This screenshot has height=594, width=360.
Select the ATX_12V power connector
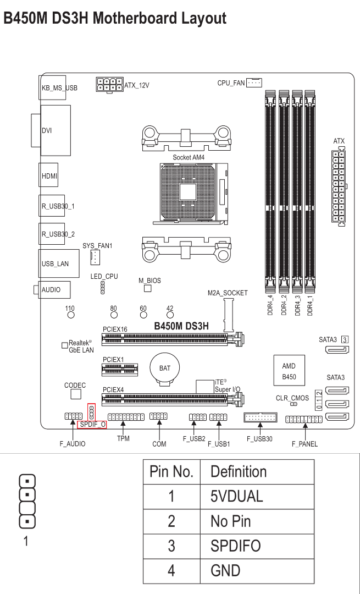(110, 85)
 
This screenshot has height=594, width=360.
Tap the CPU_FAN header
(254, 82)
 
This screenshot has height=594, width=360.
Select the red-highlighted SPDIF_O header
(92, 412)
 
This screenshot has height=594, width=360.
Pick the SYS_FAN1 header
(95, 256)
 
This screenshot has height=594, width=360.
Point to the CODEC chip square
(76, 394)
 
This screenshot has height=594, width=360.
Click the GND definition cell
(225, 571)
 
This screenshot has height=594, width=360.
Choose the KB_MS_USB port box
(56, 87)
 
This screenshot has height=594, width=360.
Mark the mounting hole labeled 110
(70, 316)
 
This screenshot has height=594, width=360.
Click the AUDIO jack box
(50, 289)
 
